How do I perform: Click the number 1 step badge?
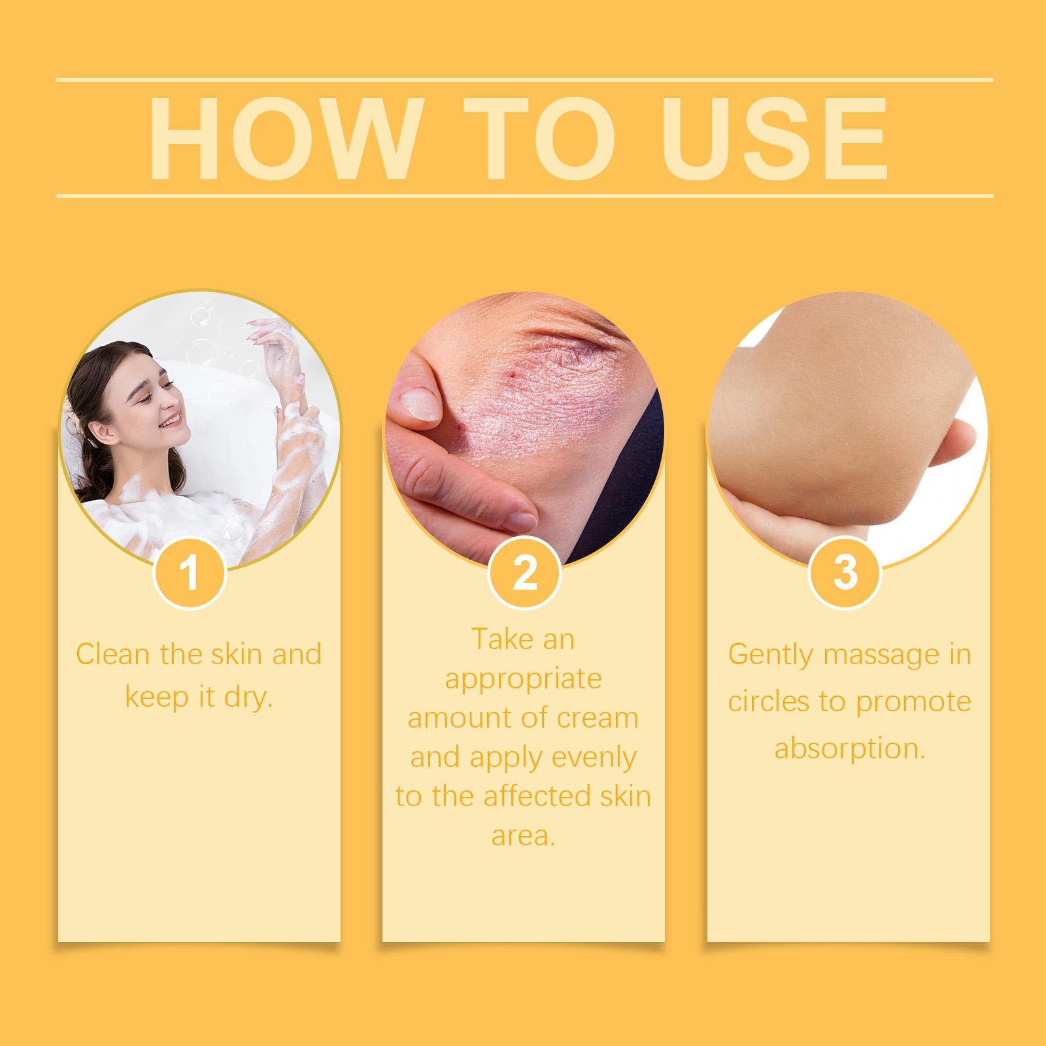tap(190, 573)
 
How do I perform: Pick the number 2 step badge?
tap(524, 573)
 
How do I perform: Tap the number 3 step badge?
tap(845, 573)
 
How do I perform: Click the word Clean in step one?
tap(113, 654)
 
